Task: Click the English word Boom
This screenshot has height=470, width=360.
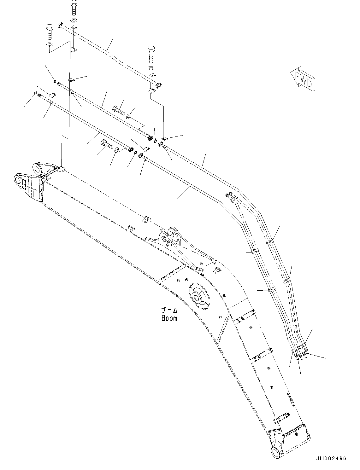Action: click(x=169, y=318)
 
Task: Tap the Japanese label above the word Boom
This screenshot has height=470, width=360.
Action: click(x=169, y=310)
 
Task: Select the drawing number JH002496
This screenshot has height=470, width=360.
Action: click(x=331, y=458)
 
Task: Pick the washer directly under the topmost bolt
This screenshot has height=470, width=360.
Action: click(x=74, y=20)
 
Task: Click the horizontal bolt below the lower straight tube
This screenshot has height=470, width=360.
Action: click(x=107, y=145)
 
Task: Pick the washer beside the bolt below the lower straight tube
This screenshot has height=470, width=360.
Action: click(x=117, y=149)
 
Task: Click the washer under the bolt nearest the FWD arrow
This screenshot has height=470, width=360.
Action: click(x=151, y=68)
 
